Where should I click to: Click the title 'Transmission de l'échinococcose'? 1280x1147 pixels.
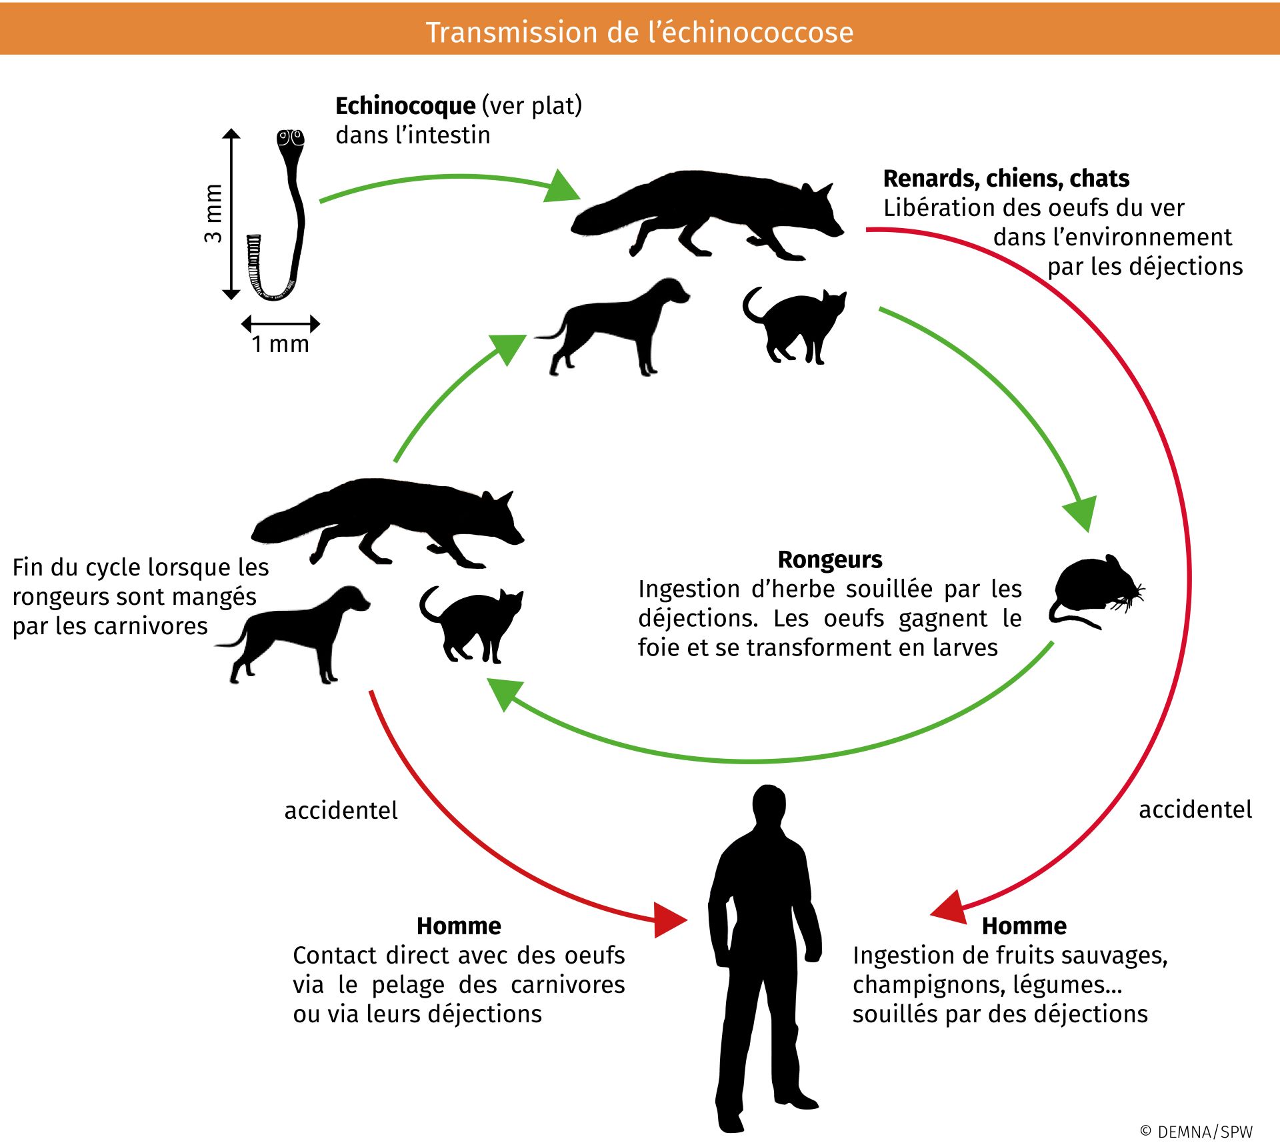pyautogui.click(x=639, y=32)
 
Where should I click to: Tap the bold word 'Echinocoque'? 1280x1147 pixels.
pyautogui.click(x=405, y=106)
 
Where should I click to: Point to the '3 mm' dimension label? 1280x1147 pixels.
pyautogui.click(x=213, y=213)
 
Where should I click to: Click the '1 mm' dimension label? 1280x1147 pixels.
pyautogui.click(x=280, y=344)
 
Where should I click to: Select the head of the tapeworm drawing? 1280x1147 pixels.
pyautogui.click(x=291, y=139)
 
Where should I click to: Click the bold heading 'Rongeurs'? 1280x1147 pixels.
pyautogui.click(x=830, y=559)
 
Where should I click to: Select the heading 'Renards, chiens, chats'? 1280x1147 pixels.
pyautogui.click(x=1006, y=179)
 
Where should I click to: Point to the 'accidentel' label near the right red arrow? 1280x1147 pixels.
pyautogui.click(x=1195, y=810)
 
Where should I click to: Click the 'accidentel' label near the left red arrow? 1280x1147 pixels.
pyautogui.click(x=341, y=810)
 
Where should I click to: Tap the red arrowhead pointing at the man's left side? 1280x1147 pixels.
pyautogui.click(x=669, y=920)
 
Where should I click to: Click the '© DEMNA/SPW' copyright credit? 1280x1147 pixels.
pyautogui.click(x=1197, y=1132)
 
